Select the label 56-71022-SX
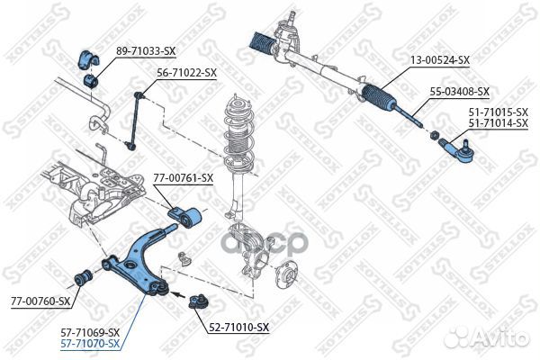[187, 72]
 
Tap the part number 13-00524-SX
[440, 60]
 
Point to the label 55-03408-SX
[459, 92]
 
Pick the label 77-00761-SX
[183, 178]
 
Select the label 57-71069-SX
[89, 333]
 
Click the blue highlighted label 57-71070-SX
[89, 344]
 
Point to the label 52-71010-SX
[238, 327]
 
